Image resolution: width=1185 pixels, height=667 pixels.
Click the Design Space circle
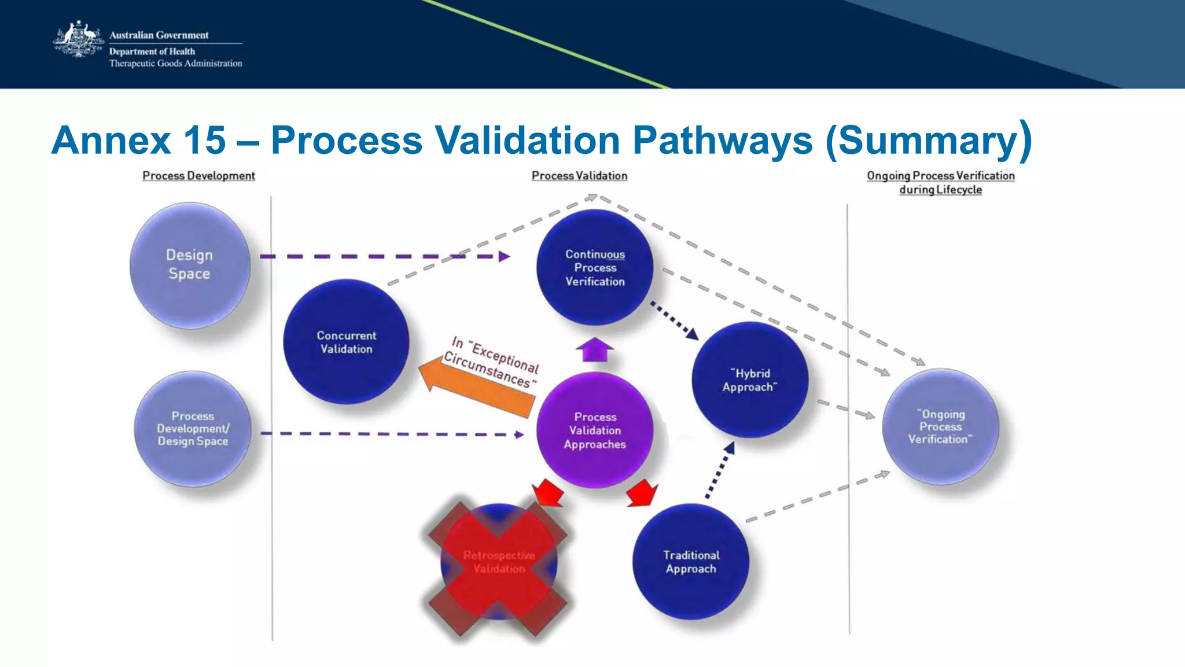click(190, 265)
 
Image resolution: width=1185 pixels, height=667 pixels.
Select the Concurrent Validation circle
click(346, 342)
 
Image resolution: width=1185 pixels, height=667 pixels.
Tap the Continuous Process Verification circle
click(595, 268)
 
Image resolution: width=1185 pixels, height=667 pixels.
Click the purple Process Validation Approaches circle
click(595, 430)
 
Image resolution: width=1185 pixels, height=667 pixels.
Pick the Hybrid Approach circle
click(750, 380)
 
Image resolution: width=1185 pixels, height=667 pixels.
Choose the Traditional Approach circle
click(691, 562)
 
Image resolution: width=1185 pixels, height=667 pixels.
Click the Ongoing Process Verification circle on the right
click(940, 427)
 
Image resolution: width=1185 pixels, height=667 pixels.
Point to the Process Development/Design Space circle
click(193, 429)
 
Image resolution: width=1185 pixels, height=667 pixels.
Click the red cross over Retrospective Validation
click(498, 569)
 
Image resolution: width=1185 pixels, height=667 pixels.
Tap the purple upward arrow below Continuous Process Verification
click(594, 349)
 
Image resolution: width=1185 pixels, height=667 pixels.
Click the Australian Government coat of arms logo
click(78, 40)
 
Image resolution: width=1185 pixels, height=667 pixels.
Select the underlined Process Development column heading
click(198, 176)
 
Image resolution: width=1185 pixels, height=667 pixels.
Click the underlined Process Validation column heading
click(579, 176)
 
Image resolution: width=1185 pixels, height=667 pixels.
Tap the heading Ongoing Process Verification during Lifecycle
click(940, 182)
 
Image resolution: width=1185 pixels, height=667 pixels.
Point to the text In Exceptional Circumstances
click(492, 362)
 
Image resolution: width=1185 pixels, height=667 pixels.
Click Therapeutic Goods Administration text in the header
click(175, 64)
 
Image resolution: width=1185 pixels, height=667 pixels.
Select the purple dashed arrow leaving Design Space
click(382, 256)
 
